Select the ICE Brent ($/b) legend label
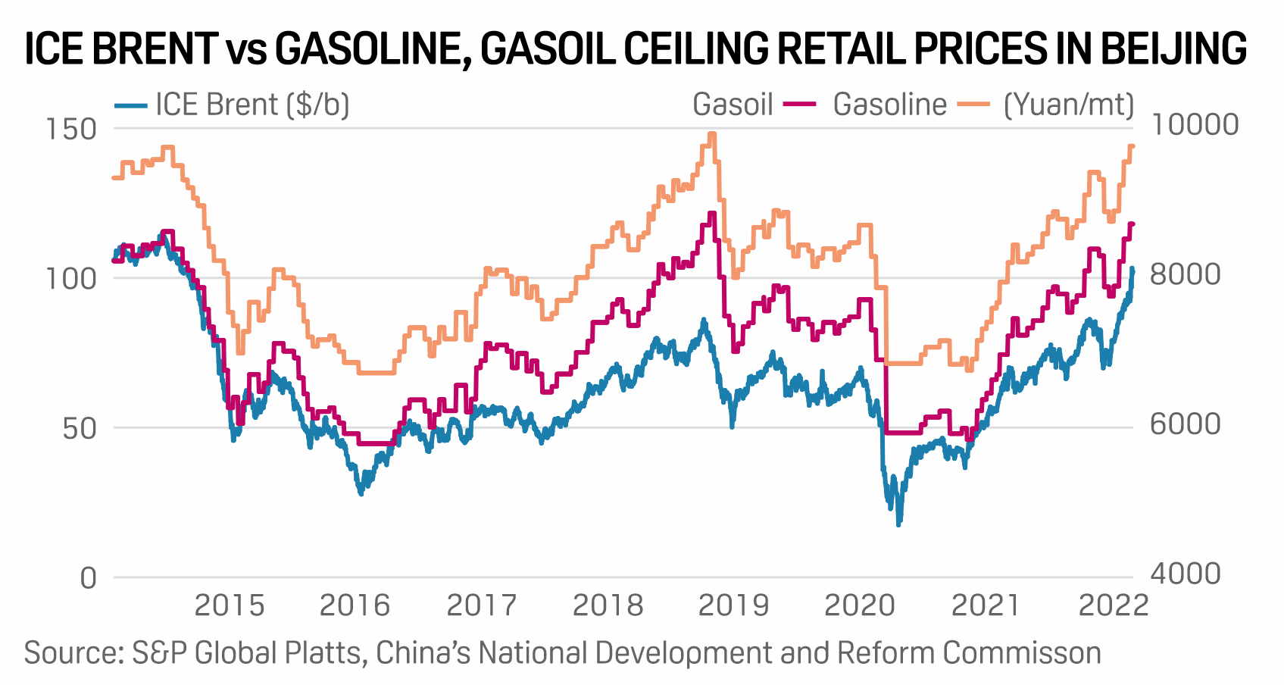pyautogui.click(x=252, y=105)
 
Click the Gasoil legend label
pyautogui.click(x=733, y=105)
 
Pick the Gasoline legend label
pyautogui.click(x=889, y=105)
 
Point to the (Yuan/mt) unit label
pyautogui.click(x=1069, y=105)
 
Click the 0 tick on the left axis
pyautogui.click(x=89, y=577)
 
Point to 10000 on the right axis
pyautogui.click(x=1194, y=124)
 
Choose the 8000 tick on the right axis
pyautogui.click(x=1186, y=274)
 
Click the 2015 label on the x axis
pyautogui.click(x=230, y=605)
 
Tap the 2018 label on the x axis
pyautogui.click(x=608, y=605)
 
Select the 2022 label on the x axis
pyautogui.click(x=1113, y=605)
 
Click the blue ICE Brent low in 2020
pyautogui.click(x=899, y=523)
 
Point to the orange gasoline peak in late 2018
pyautogui.click(x=711, y=135)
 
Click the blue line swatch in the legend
pyautogui.click(x=130, y=105)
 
